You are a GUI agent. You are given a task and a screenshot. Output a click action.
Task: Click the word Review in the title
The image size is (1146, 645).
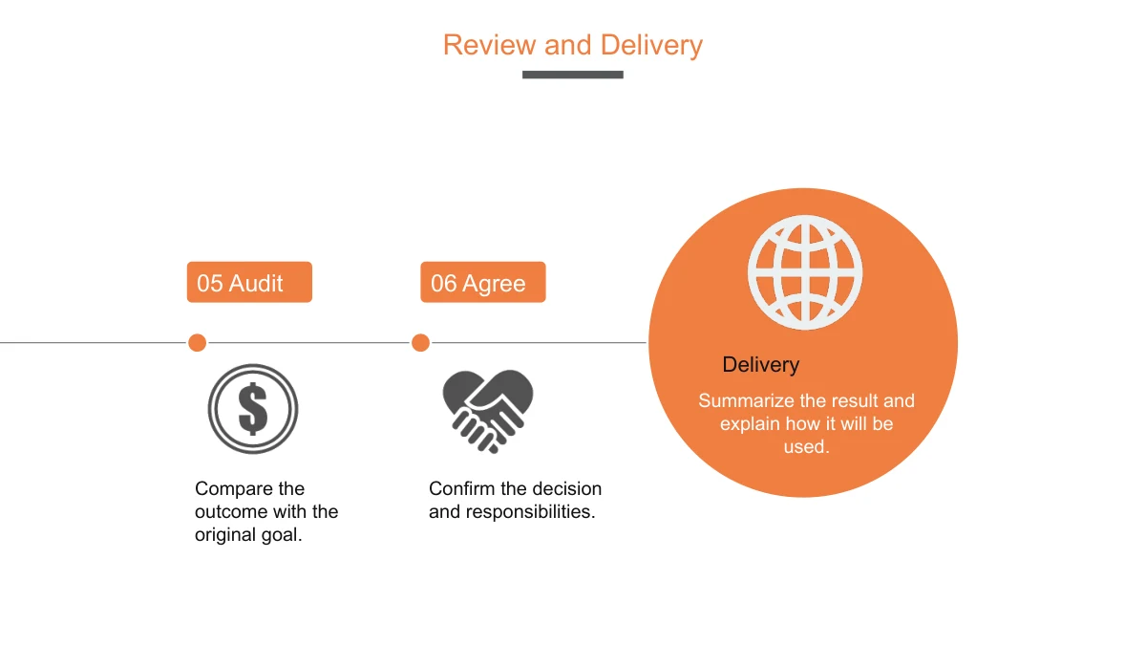(489, 45)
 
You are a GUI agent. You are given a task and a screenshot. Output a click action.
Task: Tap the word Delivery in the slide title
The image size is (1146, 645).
(651, 46)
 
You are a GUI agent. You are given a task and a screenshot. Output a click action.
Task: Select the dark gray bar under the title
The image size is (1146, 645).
(572, 75)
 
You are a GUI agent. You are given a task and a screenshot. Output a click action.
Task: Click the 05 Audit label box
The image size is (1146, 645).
(249, 282)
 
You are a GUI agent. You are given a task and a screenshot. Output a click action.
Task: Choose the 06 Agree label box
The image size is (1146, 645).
(483, 282)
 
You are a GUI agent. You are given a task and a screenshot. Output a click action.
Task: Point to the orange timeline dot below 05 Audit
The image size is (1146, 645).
(197, 342)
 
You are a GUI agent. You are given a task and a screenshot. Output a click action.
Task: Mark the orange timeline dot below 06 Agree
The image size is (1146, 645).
(420, 342)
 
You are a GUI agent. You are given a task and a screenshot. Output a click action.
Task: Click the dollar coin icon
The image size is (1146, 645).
(253, 409)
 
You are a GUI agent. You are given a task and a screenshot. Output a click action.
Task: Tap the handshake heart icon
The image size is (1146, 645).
(488, 411)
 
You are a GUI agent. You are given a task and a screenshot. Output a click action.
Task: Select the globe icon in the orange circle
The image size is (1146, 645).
(805, 272)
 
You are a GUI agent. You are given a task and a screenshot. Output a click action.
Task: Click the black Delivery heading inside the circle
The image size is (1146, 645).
(761, 365)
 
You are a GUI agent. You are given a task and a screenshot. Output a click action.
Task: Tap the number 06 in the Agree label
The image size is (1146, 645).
(443, 283)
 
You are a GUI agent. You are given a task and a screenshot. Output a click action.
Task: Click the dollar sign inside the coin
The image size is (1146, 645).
(253, 409)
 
